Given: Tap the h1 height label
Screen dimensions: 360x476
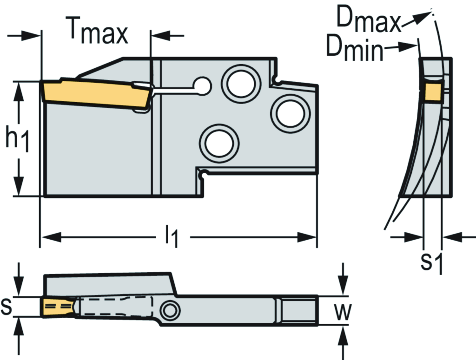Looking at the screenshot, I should point(18,140).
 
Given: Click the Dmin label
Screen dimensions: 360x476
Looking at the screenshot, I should point(355,48).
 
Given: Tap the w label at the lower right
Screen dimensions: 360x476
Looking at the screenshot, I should point(343,312).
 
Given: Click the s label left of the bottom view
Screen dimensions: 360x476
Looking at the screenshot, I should point(7,306).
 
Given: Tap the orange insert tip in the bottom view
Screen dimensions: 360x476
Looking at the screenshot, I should point(57,307).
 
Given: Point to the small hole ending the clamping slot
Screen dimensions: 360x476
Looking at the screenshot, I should point(202,85).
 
